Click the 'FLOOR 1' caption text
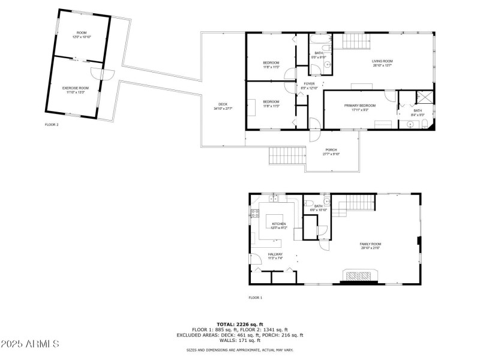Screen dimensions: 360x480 coord(256,298)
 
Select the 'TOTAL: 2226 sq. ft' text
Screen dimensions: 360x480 coord(240,324)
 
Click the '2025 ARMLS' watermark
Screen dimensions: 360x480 coord(30,344)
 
